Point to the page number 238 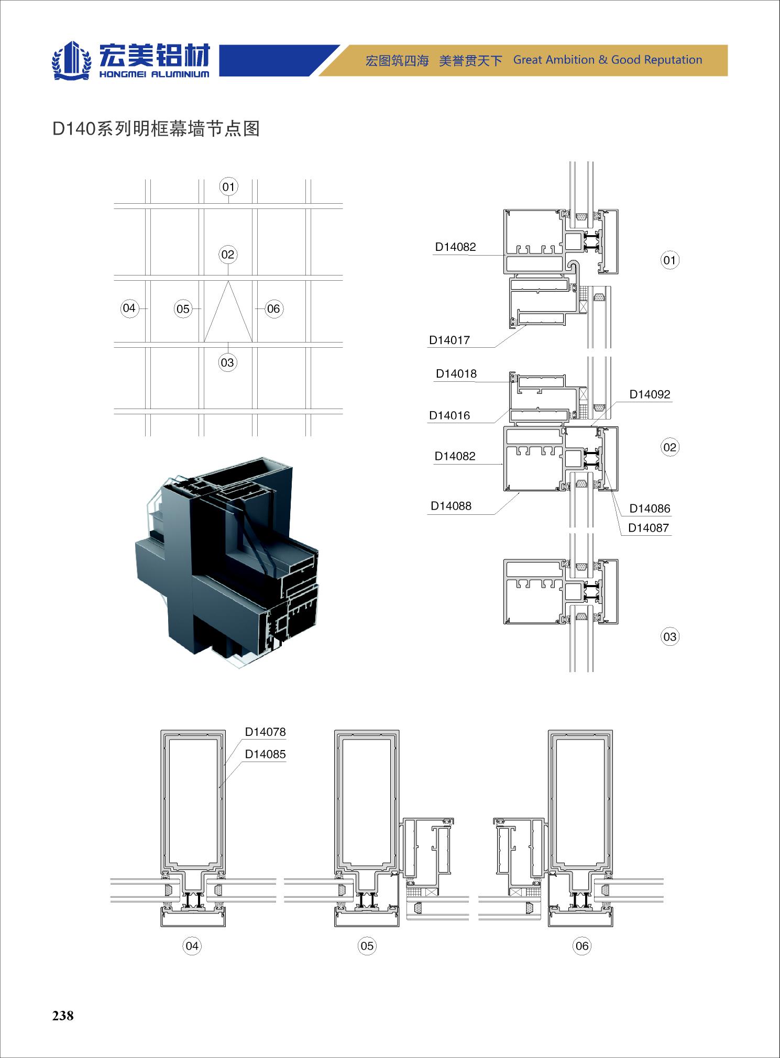tap(63, 1016)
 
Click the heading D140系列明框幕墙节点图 tap(156, 129)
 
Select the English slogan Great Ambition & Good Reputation tap(608, 60)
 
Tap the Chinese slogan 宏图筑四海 tap(397, 61)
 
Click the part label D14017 tap(449, 340)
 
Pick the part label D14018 tap(456, 373)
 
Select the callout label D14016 tap(449, 415)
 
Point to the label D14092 tap(650, 394)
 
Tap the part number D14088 tap(451, 506)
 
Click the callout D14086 tap(650, 509)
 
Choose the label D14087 tap(649, 528)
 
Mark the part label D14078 tap(266, 732)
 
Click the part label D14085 tap(266, 754)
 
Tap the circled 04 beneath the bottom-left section tap(192, 945)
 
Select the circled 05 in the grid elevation tap(183, 309)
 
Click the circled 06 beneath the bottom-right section tap(582, 945)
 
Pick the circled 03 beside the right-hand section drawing tap(670, 637)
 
